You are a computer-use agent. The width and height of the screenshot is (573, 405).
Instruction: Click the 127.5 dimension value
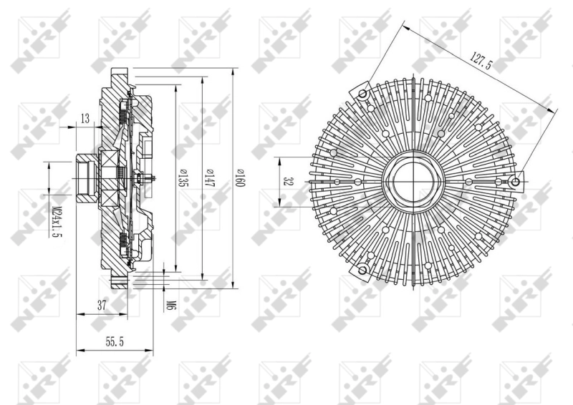coord(479,60)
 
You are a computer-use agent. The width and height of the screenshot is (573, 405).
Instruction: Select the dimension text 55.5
coord(115,342)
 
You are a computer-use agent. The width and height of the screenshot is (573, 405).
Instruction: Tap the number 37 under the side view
coord(102,305)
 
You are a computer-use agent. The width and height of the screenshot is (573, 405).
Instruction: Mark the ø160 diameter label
coord(241,177)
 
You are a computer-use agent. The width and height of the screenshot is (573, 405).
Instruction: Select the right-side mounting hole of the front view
coord(516,182)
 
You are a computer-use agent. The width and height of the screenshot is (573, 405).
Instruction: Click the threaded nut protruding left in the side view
coord(85,176)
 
